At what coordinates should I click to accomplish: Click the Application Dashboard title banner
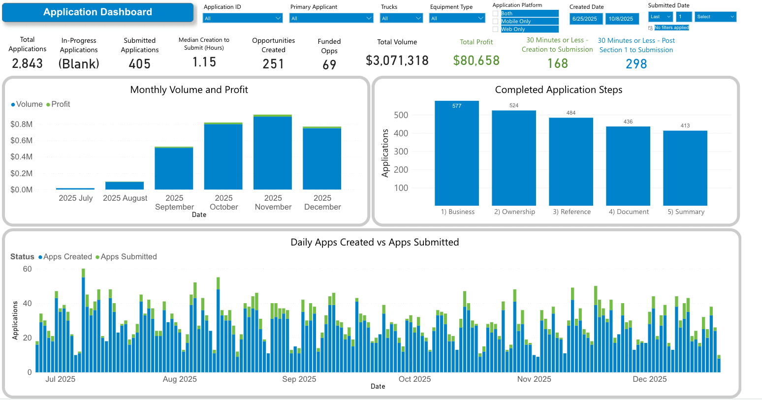(x=97, y=12)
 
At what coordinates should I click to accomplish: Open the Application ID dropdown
(x=243, y=18)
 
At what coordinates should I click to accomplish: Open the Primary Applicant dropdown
(x=331, y=18)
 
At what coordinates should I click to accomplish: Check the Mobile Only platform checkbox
(x=496, y=21)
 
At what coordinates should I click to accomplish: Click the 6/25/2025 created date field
(x=585, y=19)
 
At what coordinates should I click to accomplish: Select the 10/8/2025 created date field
(x=621, y=19)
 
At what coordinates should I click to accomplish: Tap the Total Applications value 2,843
(x=28, y=63)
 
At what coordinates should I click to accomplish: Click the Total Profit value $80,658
(x=476, y=61)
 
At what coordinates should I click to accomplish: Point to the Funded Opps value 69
(x=329, y=64)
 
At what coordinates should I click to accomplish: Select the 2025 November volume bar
(x=273, y=153)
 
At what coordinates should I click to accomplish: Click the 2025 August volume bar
(x=125, y=185)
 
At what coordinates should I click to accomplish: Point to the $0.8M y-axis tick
(x=22, y=124)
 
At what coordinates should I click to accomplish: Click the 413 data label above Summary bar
(x=685, y=125)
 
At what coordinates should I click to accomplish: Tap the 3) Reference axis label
(x=571, y=212)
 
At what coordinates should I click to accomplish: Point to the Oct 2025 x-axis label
(x=414, y=379)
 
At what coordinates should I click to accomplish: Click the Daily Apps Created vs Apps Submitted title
(x=375, y=242)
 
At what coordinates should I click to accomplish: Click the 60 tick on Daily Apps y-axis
(x=27, y=269)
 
